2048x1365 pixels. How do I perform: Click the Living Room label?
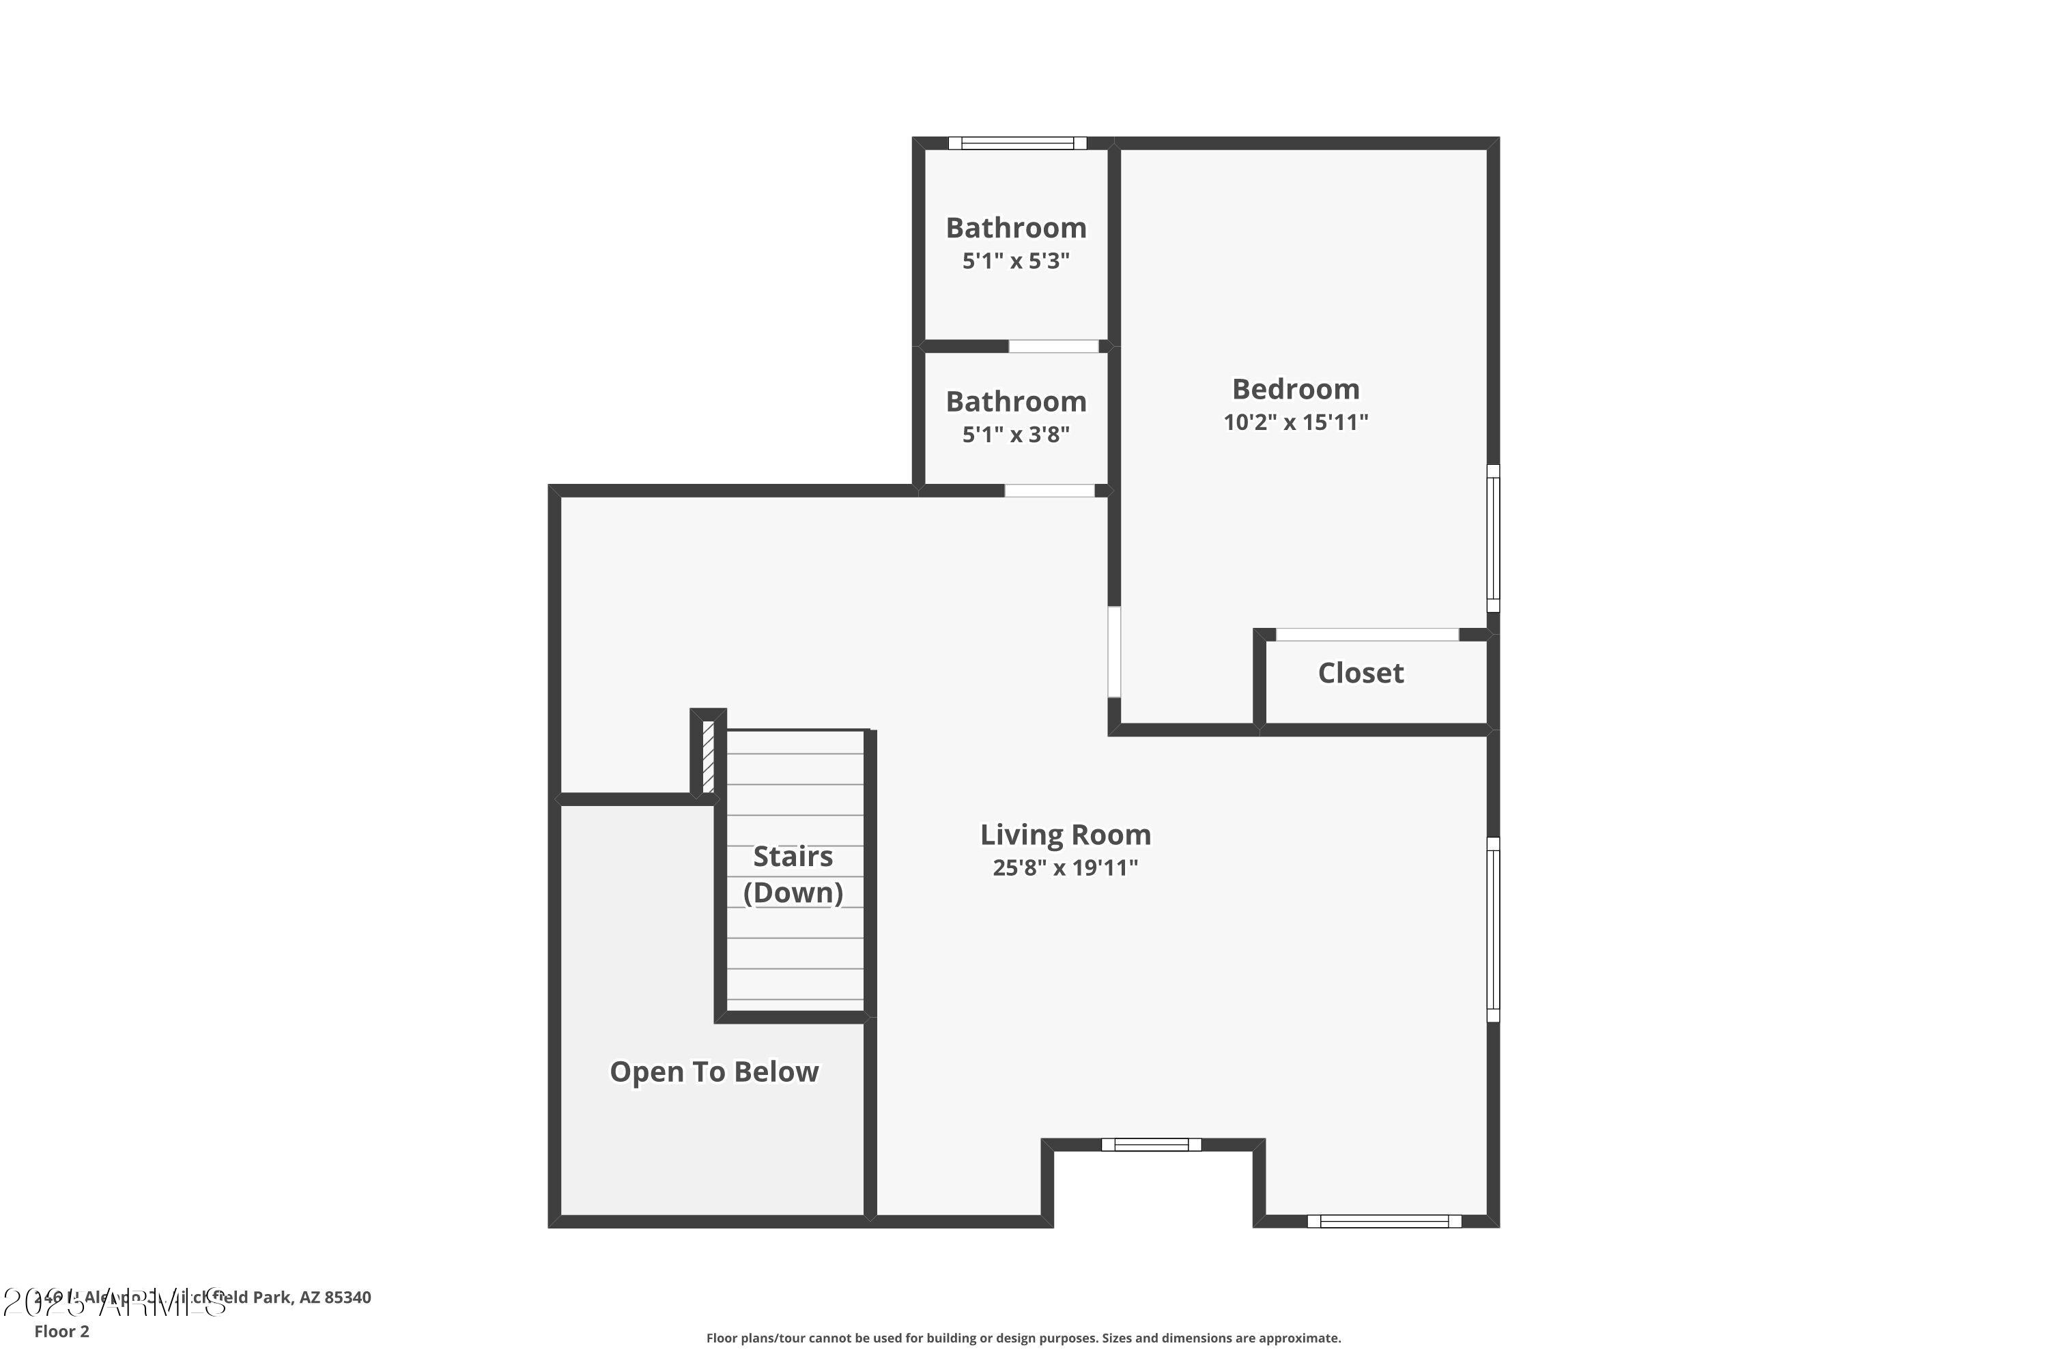point(1065,835)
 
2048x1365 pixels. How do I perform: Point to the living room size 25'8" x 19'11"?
point(1065,868)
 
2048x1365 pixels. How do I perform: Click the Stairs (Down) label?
point(793,874)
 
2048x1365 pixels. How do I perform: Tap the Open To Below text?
point(713,1072)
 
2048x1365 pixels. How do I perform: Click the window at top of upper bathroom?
point(1017,143)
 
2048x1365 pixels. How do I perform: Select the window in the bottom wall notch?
point(1150,1145)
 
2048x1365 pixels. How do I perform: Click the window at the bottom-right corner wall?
point(1384,1222)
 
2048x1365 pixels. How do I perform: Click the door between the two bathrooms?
point(1053,347)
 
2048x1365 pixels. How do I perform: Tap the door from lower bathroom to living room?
point(1049,491)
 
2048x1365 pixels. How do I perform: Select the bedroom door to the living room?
point(1113,652)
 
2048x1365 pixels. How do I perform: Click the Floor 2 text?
point(62,1331)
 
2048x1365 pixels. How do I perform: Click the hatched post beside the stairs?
point(708,756)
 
